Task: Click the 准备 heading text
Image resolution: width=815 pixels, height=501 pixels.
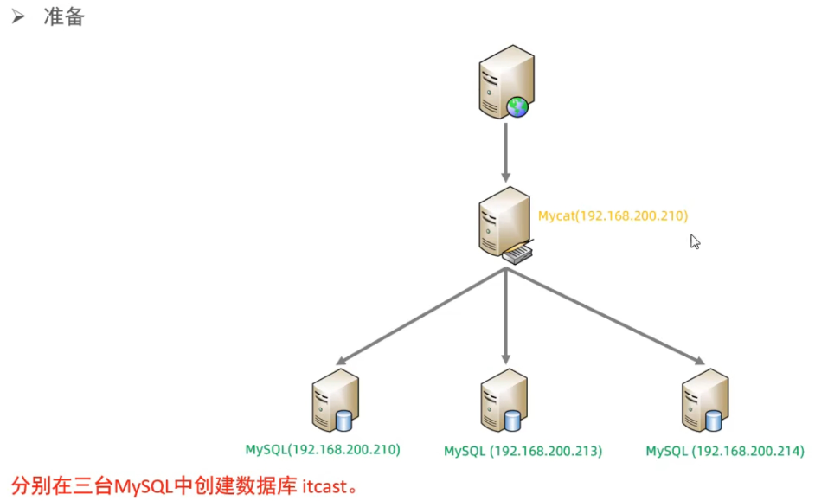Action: pos(64,16)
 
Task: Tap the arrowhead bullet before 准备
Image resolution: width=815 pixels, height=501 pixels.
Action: pos(19,16)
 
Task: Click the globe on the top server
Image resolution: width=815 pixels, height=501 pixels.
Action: pos(517,107)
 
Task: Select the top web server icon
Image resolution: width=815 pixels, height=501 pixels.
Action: pos(504,83)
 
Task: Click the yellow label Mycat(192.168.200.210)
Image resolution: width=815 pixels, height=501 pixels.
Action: pos(613,215)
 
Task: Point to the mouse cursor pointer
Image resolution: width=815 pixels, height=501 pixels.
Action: pos(695,241)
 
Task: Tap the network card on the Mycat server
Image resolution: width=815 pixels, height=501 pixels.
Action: pos(517,254)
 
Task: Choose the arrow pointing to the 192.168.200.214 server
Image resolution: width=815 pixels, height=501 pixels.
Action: pos(606,316)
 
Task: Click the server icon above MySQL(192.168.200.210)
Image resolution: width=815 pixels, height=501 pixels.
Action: pos(334,399)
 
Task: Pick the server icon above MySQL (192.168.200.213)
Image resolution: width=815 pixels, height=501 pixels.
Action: pos(504,399)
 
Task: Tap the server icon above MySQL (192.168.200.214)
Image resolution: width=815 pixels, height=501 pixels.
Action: pos(703,399)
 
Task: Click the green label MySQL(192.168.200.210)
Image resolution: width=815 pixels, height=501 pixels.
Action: pos(323,449)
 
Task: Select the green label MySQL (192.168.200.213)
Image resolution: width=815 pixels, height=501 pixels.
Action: pos(523,451)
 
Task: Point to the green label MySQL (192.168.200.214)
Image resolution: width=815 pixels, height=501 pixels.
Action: pos(725,451)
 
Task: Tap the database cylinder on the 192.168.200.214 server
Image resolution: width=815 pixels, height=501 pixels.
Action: pos(714,420)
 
